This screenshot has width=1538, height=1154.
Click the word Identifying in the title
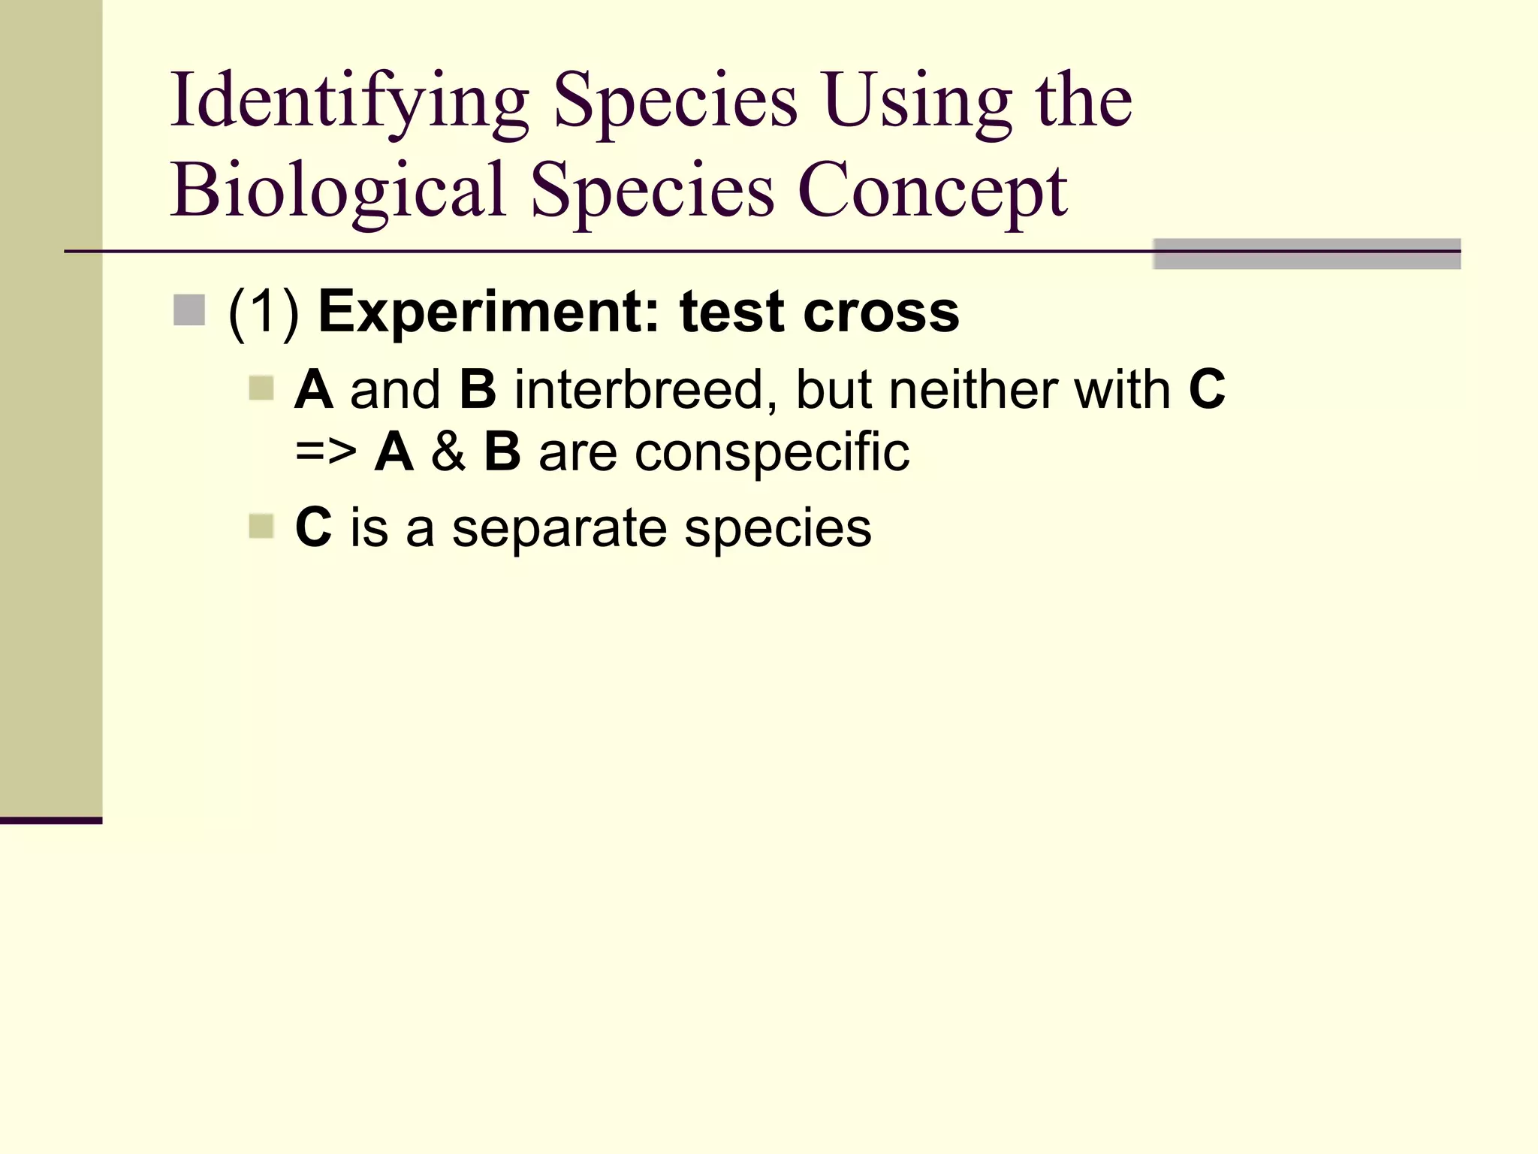(349, 101)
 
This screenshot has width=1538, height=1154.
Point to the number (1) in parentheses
(264, 312)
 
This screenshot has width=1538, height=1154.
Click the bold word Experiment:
(489, 312)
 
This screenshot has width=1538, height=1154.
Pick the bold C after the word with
(1207, 390)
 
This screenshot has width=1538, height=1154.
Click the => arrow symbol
(326, 452)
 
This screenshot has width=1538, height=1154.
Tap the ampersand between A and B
(448, 452)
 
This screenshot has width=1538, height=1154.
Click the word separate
(559, 527)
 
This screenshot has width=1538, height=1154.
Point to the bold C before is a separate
(313, 527)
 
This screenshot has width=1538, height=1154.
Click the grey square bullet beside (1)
(189, 310)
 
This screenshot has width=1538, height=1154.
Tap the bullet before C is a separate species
(261, 526)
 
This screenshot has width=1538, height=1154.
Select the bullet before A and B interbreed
(261, 388)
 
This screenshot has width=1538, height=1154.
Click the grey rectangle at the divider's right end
(1307, 254)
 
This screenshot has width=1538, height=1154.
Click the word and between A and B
(396, 390)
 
